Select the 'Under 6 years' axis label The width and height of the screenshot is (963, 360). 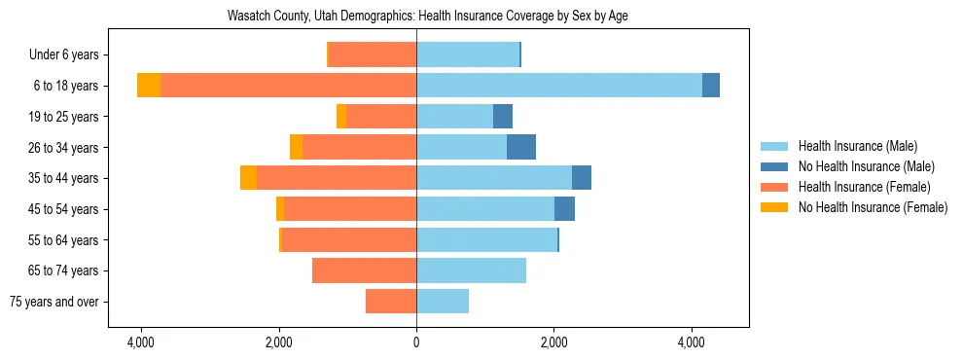point(70,54)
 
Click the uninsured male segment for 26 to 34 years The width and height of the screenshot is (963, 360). point(521,147)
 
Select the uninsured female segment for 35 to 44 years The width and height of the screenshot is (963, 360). point(248,178)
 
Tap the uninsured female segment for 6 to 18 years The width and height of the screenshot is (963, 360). point(149,86)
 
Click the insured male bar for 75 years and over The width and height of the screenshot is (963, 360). point(443,302)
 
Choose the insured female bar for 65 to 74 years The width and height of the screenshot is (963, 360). point(364,270)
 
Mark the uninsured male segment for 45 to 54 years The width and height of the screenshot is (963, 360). point(564,209)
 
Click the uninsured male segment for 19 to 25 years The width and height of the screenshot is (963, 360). point(503,117)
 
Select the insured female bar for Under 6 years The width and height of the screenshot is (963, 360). point(373,54)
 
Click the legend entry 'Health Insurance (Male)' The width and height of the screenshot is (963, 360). point(857,146)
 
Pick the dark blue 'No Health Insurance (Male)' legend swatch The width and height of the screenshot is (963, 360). point(775,166)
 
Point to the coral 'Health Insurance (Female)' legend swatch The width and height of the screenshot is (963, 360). point(775,187)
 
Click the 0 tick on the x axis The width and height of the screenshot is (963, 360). point(416,342)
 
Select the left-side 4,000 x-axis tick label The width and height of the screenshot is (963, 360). point(141,342)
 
